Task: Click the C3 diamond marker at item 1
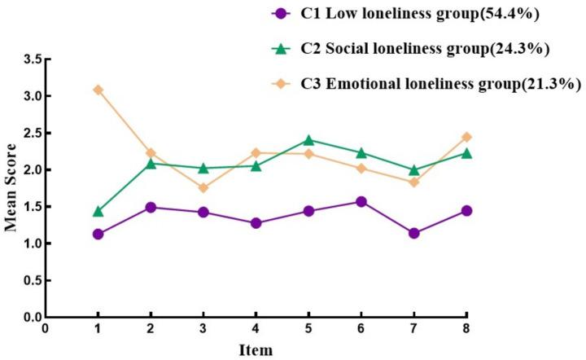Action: [98, 90]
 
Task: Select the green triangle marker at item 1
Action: [98, 211]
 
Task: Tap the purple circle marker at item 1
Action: [98, 234]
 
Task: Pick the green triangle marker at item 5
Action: [308, 140]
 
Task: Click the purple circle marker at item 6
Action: [361, 201]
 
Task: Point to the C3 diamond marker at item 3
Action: [203, 187]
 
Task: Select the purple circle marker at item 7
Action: [413, 233]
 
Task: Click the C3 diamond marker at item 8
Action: [466, 137]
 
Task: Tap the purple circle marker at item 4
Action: [256, 222]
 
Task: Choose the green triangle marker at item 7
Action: [413, 169]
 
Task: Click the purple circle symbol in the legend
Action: [281, 14]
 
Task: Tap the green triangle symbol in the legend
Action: [281, 48]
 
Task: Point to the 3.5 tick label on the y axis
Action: [30, 59]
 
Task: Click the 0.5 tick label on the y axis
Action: [30, 280]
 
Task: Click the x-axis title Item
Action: [256, 350]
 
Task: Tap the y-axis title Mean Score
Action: [11, 188]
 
